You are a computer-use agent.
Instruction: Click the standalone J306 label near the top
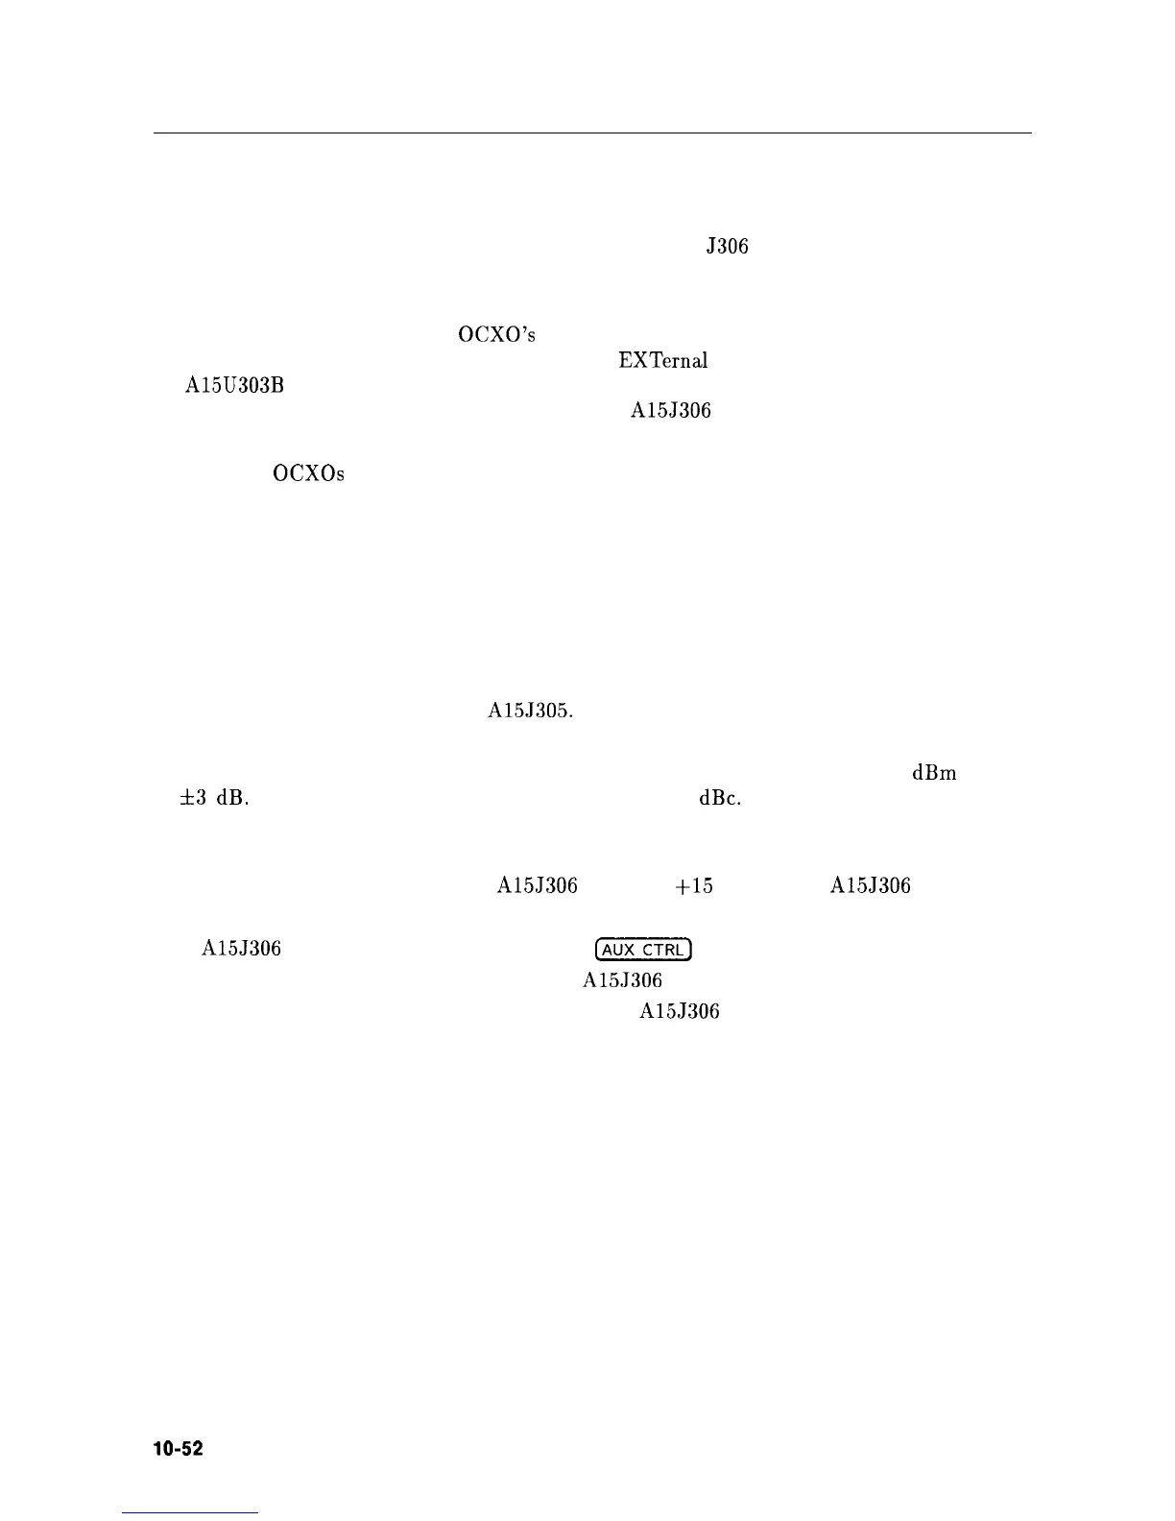coord(727,247)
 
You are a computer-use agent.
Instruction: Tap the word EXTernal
coord(663,361)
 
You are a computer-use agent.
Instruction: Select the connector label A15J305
coord(531,712)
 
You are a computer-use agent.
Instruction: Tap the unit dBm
coord(934,774)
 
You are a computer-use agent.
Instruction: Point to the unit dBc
coord(720,799)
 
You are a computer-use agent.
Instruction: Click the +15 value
coord(694,886)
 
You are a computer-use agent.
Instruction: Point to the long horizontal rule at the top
coord(592,133)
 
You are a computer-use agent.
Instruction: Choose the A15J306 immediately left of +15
coord(537,886)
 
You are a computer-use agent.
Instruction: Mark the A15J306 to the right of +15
coord(870,886)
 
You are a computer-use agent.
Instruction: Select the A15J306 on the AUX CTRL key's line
coord(241,950)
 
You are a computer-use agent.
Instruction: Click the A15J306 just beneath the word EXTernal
coord(670,411)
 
